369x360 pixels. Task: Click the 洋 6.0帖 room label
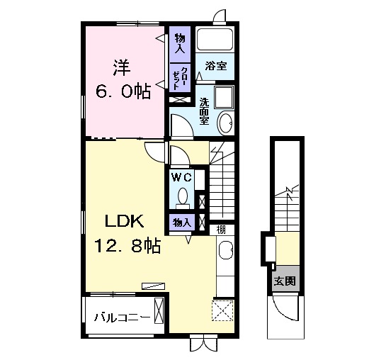click(x=123, y=79)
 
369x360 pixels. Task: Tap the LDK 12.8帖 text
click(x=127, y=234)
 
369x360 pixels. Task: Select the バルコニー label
click(x=122, y=317)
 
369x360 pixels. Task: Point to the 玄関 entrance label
click(x=285, y=281)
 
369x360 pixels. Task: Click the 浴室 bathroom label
click(x=216, y=66)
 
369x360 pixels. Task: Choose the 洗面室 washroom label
click(x=204, y=111)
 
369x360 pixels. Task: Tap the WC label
click(x=181, y=177)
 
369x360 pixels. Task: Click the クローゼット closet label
click(x=180, y=79)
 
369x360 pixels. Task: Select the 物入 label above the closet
click(x=180, y=43)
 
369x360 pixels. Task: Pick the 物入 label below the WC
click(x=181, y=223)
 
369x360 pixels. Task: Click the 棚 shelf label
click(x=221, y=230)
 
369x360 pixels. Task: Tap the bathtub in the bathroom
click(x=215, y=39)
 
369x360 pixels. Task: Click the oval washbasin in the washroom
click(x=226, y=123)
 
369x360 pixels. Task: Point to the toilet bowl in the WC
click(x=183, y=196)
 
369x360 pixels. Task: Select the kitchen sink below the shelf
click(x=226, y=250)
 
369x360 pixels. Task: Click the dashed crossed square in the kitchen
click(x=222, y=310)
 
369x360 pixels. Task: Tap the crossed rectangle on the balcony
click(x=159, y=310)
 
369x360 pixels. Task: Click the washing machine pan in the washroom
click(x=224, y=97)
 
